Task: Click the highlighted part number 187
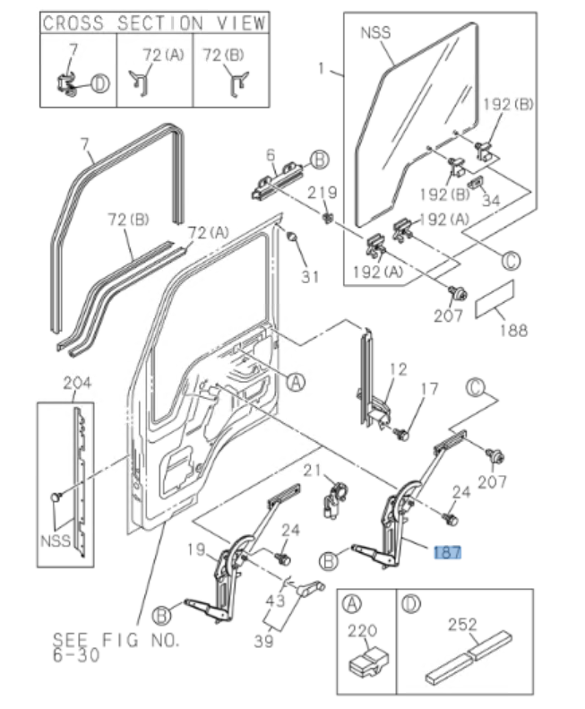tap(448, 553)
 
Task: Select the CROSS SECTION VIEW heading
tap(154, 22)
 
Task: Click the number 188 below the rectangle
tap(513, 330)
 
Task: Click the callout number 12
tap(398, 368)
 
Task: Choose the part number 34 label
tap(491, 202)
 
